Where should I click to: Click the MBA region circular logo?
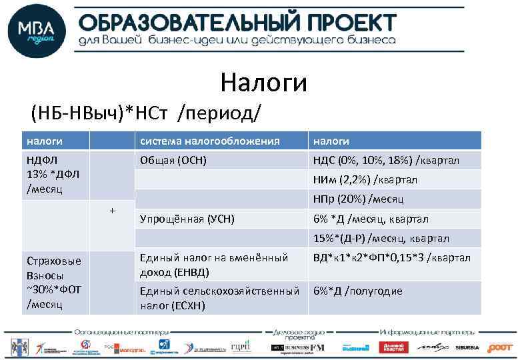(x=37, y=31)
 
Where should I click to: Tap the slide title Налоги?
(x=263, y=83)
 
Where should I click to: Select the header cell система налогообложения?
(x=209, y=141)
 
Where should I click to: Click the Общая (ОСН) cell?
(x=173, y=160)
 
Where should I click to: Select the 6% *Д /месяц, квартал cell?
(x=371, y=219)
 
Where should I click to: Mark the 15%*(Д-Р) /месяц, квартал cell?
(x=381, y=238)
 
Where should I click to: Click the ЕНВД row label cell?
(x=213, y=264)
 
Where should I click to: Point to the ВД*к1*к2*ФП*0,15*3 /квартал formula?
(x=391, y=257)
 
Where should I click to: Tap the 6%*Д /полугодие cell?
(x=358, y=291)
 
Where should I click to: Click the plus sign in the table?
(x=112, y=211)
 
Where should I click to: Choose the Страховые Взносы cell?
(x=53, y=282)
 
